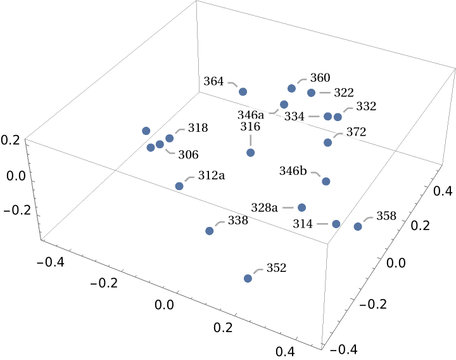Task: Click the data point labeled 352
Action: coord(248,278)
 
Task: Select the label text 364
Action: coord(214,82)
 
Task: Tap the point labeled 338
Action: coord(210,231)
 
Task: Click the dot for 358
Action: coord(358,226)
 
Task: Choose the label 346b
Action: coord(293,170)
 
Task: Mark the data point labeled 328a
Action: coord(302,207)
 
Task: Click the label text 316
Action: coord(250,127)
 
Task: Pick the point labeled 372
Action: coord(327,142)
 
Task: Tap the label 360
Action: coord(320,78)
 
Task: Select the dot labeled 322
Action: coord(311,93)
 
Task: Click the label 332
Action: coord(366,106)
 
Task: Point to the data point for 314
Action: coord(336,224)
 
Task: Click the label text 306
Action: coord(188,154)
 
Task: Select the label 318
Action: coord(198,127)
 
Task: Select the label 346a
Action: coord(251,115)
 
